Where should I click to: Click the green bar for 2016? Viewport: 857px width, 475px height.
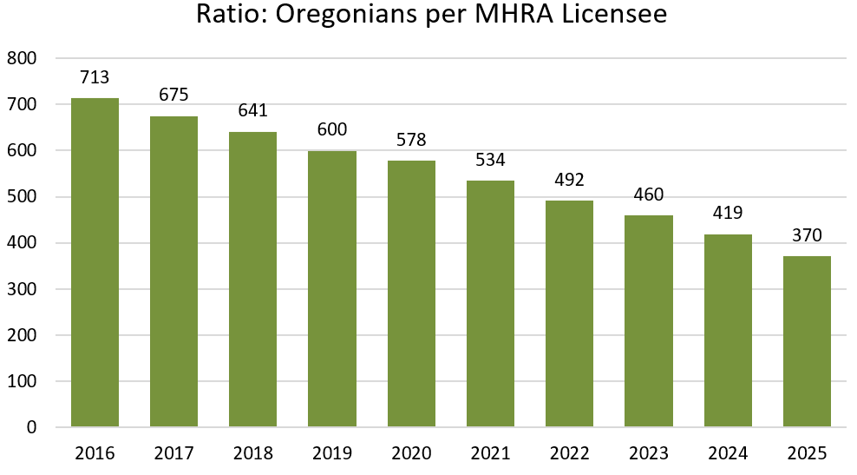click(95, 262)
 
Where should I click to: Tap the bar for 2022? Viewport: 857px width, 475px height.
click(570, 313)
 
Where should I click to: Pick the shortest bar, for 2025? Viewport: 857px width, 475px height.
click(807, 341)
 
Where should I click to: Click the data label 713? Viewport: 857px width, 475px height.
click(95, 77)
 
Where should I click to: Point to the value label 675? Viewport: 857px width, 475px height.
click(173, 95)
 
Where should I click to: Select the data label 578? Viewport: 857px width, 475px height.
click(411, 140)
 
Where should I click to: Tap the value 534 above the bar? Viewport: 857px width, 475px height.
click(490, 160)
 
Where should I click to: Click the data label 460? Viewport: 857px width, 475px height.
click(649, 195)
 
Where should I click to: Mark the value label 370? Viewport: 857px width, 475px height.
click(807, 235)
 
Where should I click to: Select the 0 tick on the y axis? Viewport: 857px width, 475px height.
click(31, 427)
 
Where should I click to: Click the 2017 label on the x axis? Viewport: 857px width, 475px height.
click(173, 453)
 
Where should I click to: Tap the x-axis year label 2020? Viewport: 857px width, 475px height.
click(411, 453)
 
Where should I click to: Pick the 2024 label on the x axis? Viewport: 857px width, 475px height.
click(728, 453)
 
